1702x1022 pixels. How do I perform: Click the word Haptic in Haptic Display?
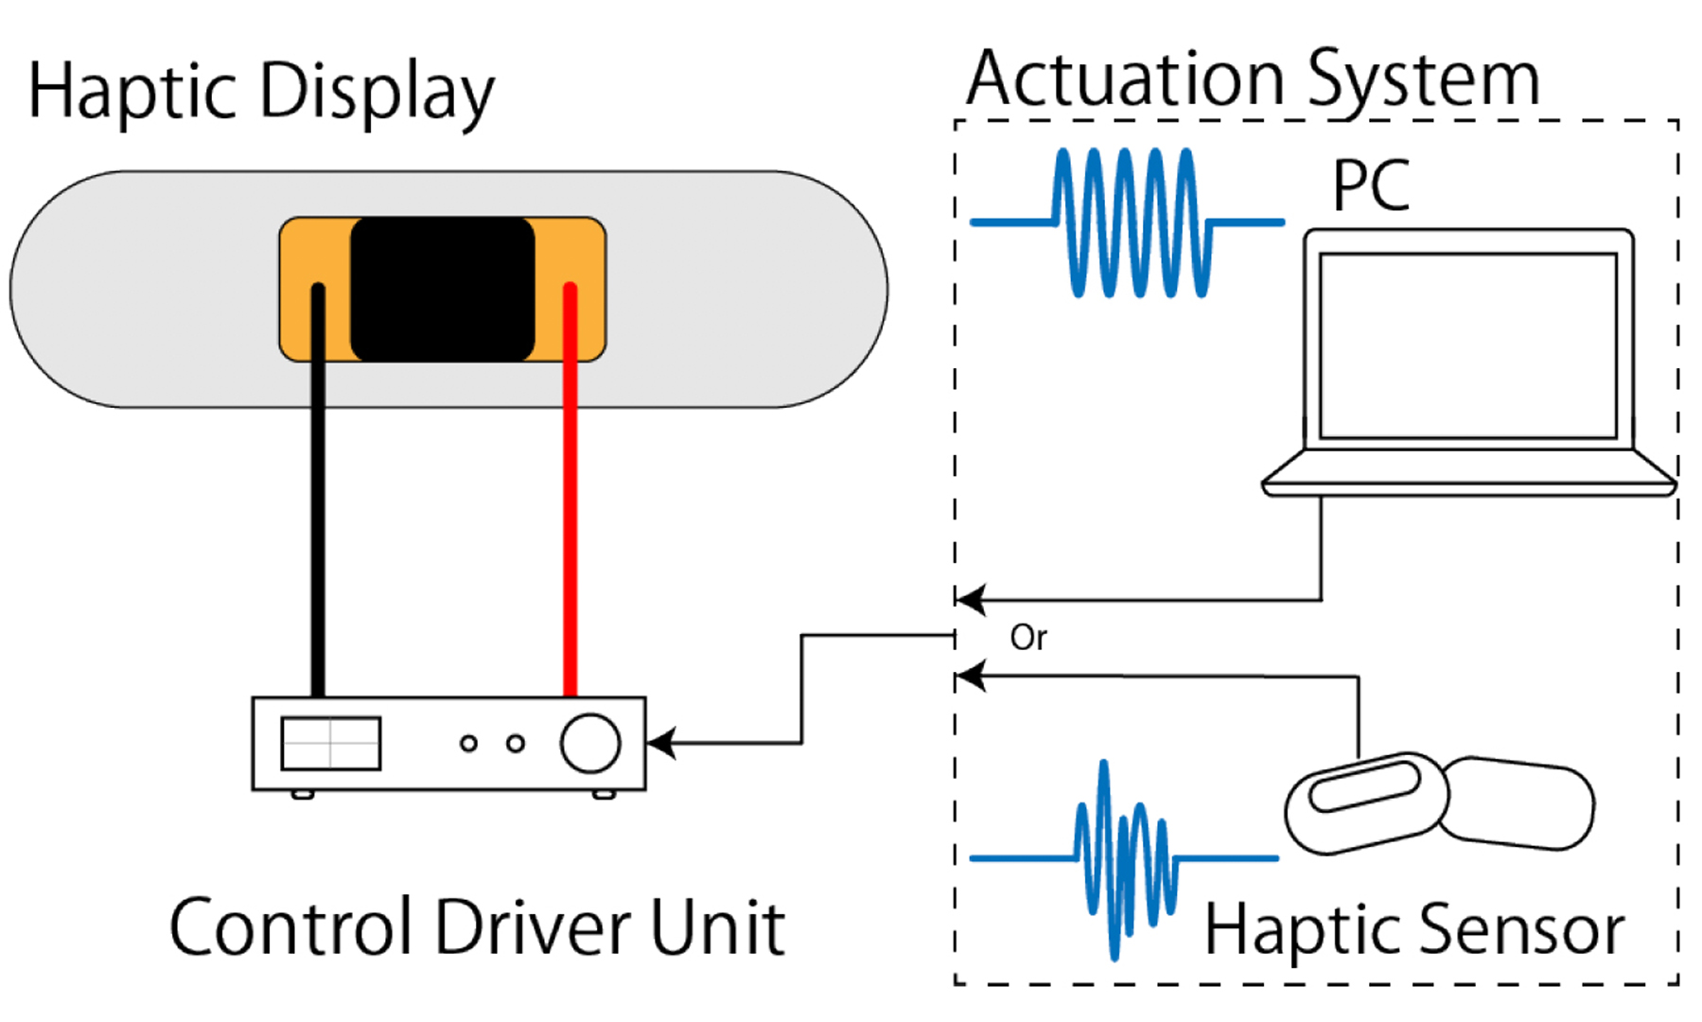(132, 93)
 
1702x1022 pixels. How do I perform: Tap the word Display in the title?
(376, 93)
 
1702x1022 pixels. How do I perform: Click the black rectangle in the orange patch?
(442, 289)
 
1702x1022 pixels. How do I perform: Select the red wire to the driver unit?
(570, 530)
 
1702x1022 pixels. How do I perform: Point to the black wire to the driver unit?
(318, 530)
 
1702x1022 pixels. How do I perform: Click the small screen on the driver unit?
(331, 743)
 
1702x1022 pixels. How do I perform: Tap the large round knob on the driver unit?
(590, 743)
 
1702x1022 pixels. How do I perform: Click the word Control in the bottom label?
(292, 927)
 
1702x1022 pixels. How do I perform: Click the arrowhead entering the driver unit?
(660, 743)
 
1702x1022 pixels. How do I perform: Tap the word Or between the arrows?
(1028, 638)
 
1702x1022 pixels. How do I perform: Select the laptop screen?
(1467, 345)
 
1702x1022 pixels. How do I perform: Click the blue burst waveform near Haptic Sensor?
(1124, 858)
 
